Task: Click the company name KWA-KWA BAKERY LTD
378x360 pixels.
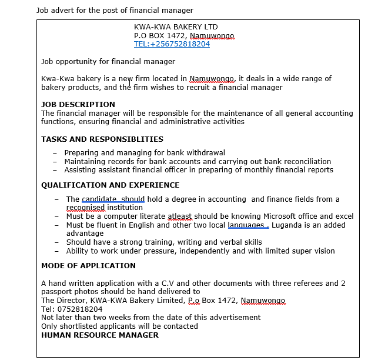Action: (x=176, y=27)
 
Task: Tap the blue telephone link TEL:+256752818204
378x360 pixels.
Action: (x=172, y=44)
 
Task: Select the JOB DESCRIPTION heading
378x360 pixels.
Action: (x=78, y=105)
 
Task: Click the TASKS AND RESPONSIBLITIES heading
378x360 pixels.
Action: (x=102, y=139)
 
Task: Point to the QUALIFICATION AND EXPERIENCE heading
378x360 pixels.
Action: (x=111, y=185)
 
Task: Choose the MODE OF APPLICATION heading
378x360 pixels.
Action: (x=88, y=266)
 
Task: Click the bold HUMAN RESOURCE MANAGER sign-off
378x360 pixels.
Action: (x=100, y=335)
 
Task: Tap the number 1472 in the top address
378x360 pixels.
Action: (x=178, y=36)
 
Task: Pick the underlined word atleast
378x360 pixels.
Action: (x=180, y=216)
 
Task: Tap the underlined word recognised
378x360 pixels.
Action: (x=85, y=208)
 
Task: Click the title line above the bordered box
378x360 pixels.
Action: (x=115, y=10)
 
